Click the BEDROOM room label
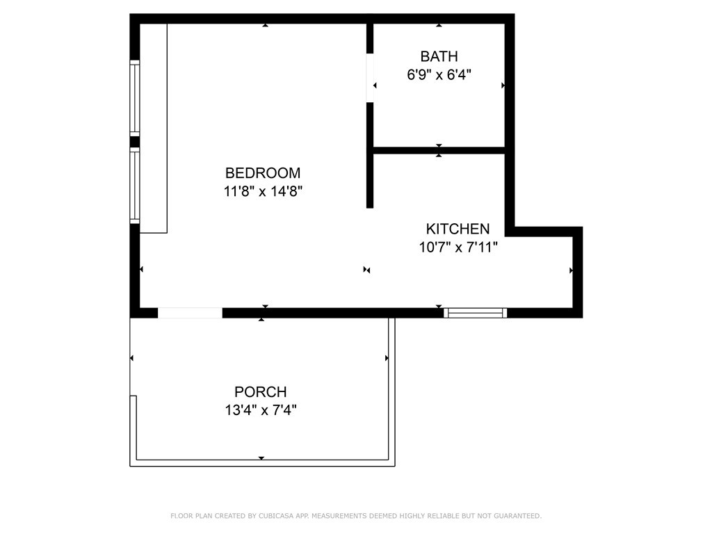[262, 172]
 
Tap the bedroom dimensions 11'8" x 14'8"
[262, 191]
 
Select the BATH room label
[439, 56]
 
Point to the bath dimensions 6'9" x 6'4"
[439, 74]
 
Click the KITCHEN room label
[458, 229]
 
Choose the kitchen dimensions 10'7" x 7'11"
[458, 247]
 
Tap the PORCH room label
[261, 392]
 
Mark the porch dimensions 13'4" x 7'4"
[261, 410]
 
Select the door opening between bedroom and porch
[190, 313]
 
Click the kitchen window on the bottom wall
[476, 313]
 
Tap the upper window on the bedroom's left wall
[135, 97]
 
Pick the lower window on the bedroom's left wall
[135, 186]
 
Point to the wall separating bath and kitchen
[439, 149]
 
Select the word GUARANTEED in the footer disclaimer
[515, 516]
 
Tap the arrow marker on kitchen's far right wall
[572, 270]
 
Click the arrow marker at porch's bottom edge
[261, 458]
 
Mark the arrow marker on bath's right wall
[503, 86]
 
